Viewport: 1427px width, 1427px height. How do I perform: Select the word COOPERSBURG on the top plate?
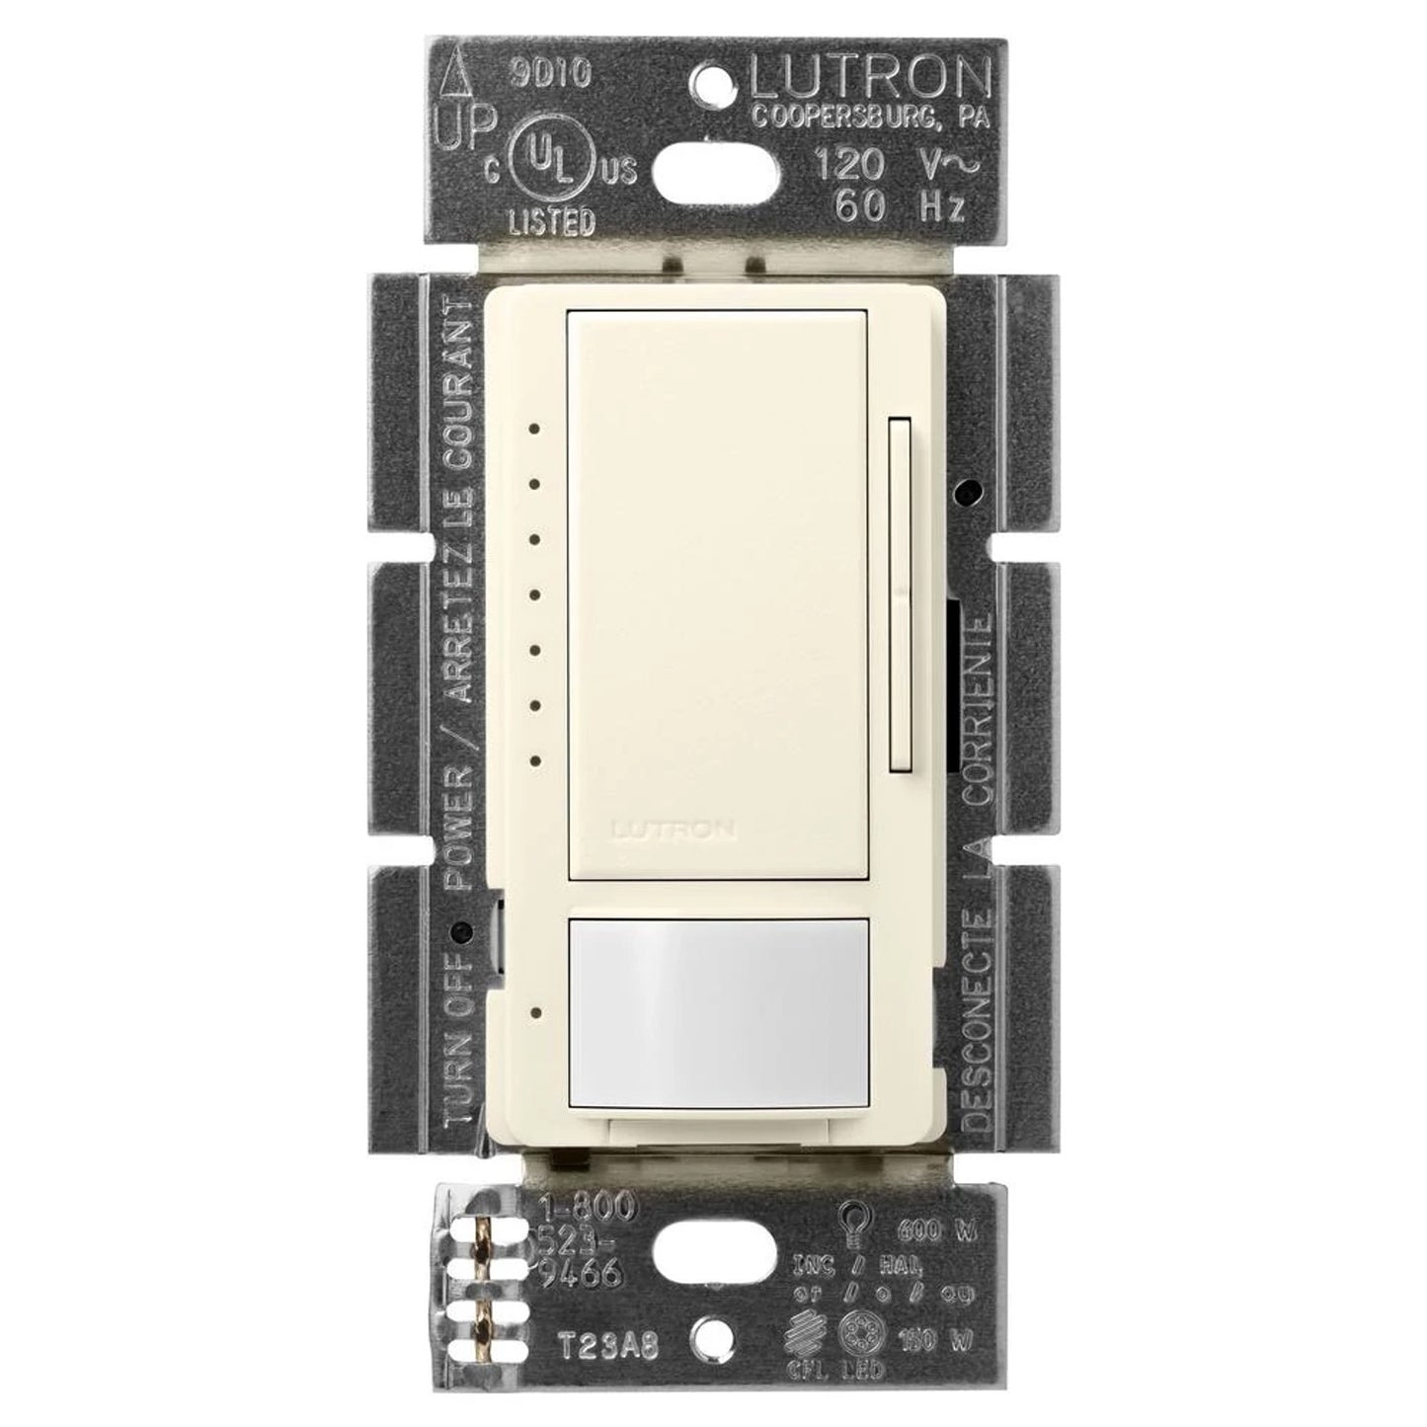coord(835,117)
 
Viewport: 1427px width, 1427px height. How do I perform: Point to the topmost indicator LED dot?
coord(533,430)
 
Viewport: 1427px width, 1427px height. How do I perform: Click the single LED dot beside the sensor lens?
coord(534,1013)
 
